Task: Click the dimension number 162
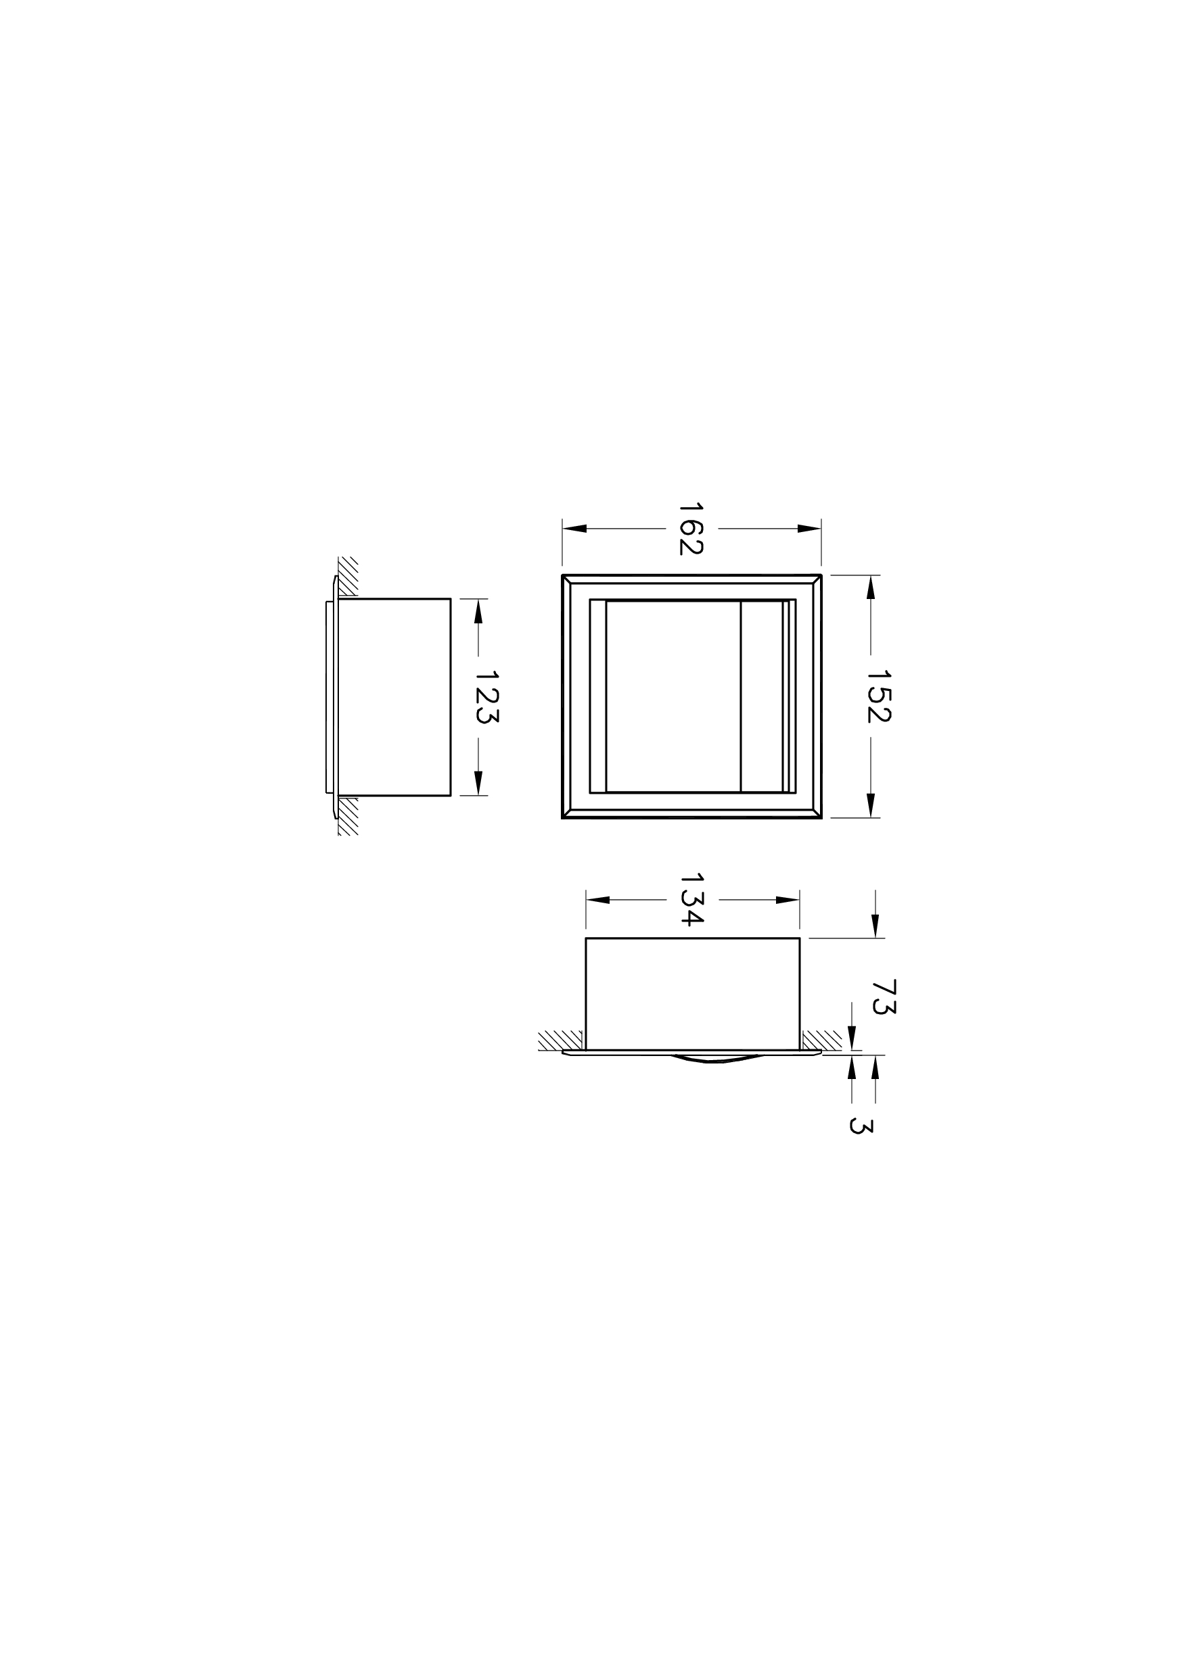pyautogui.click(x=691, y=528)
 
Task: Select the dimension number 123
pyautogui.click(x=486, y=696)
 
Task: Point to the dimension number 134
pyautogui.click(x=691, y=899)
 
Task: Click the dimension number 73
pyautogui.click(x=884, y=997)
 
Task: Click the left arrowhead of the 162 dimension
pyautogui.click(x=575, y=529)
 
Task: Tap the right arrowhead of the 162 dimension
pyautogui.click(x=809, y=529)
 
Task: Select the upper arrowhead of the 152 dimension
pyautogui.click(x=871, y=588)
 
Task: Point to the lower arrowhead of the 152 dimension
pyautogui.click(x=871, y=805)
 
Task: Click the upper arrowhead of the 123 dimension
pyautogui.click(x=478, y=611)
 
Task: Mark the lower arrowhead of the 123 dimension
pyautogui.click(x=478, y=782)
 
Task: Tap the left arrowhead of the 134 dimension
pyautogui.click(x=598, y=900)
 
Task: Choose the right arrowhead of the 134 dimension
pyautogui.click(x=788, y=900)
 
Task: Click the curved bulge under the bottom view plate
pyautogui.click(x=716, y=1059)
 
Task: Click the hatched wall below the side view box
pyautogui.click(x=348, y=816)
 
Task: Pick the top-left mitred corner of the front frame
pyautogui.click(x=567, y=579)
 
